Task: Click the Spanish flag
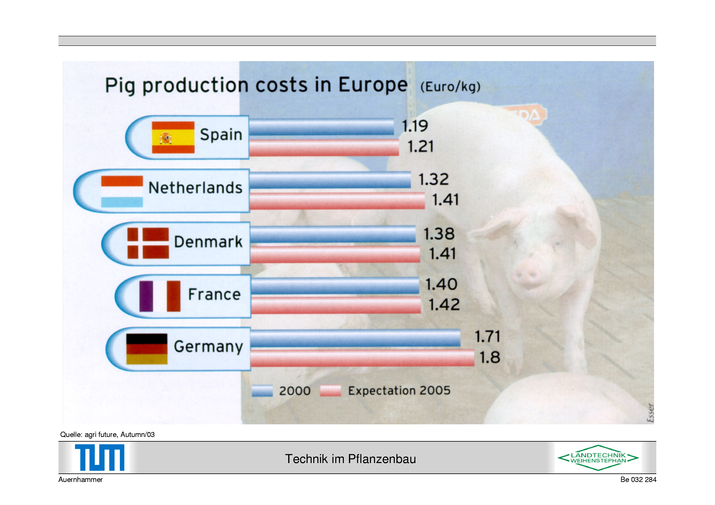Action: [x=173, y=137]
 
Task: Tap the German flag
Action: [x=147, y=349]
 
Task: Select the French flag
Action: [x=160, y=296]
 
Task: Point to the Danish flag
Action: [x=148, y=243]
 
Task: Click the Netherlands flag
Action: [x=122, y=191]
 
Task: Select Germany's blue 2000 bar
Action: [x=355, y=338]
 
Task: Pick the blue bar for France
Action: [x=335, y=286]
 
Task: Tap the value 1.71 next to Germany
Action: [x=487, y=337]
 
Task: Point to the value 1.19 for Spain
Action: [x=415, y=126]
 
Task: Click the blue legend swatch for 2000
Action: [x=262, y=391]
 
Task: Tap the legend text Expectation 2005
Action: [x=399, y=391]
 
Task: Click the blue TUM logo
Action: [x=100, y=457]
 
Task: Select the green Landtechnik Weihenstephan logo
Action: [x=598, y=458]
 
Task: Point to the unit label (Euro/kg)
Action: [x=450, y=87]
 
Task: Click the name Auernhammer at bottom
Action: [x=80, y=480]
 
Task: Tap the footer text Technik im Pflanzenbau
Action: [x=350, y=459]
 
